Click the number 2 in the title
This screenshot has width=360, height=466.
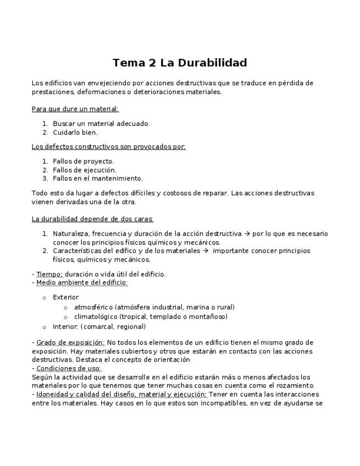click(152, 63)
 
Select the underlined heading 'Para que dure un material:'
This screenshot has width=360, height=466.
click(75, 109)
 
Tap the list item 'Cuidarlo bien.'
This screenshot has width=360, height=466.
click(75, 132)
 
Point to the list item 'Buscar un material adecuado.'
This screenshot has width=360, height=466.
click(101, 124)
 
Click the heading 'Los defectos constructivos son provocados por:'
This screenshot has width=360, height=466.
click(109, 147)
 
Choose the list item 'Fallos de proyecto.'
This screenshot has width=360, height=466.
click(83, 161)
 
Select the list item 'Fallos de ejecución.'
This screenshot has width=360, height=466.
click(85, 170)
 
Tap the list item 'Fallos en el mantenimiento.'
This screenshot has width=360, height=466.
click(97, 178)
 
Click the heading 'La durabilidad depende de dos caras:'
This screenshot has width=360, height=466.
click(92, 219)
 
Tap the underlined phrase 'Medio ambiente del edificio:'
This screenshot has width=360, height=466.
click(82, 283)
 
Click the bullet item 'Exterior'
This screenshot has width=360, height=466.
click(65, 297)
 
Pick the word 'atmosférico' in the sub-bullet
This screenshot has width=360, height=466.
click(93, 307)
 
